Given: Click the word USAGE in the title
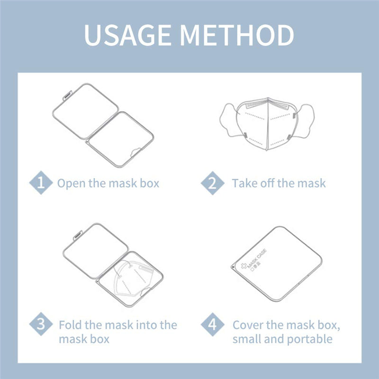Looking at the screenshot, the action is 127,35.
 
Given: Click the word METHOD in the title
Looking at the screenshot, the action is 237,35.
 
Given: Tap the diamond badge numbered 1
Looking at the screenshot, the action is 41,182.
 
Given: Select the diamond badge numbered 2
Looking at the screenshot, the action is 212,183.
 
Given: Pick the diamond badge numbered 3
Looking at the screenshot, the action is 41,324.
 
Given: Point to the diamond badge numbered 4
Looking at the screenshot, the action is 212,325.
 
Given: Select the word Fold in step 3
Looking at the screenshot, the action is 70,325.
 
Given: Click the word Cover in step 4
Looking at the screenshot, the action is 248,325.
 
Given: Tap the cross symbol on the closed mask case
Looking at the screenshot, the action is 244,266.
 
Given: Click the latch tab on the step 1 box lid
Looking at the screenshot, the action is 67,95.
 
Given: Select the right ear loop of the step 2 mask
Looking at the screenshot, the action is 305,121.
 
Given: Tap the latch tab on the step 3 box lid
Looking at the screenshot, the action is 78,235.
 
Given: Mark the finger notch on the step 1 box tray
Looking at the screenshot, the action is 136,152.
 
